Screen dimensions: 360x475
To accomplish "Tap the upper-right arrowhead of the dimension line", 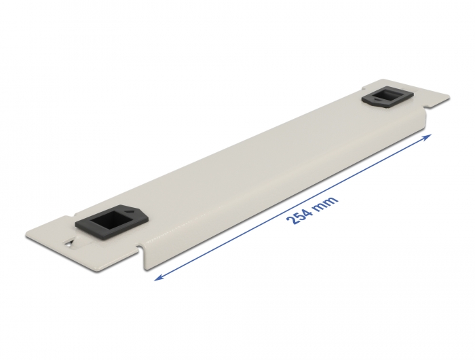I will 428,137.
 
